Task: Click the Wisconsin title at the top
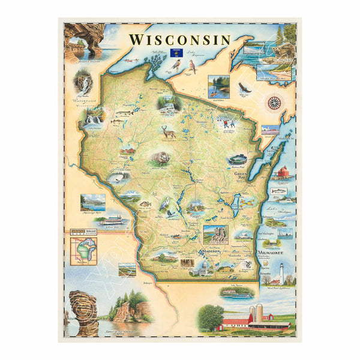(x=179, y=40)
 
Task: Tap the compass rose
(x=274, y=102)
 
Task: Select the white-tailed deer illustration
(x=168, y=132)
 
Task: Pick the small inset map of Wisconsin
(x=83, y=250)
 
